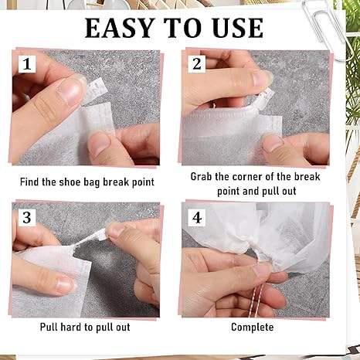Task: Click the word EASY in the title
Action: pos(119,28)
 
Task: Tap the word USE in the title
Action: pos(238,28)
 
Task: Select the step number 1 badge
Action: pos(27,63)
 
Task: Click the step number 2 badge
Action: pos(197,63)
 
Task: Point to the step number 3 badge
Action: pos(27,218)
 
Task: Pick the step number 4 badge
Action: pos(197,218)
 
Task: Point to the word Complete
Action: pos(253,328)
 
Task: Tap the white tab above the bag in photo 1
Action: pos(96,90)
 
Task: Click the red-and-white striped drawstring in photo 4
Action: pos(257,300)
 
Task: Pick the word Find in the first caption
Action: pos(29,182)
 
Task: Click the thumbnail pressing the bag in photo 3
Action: pos(65,284)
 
